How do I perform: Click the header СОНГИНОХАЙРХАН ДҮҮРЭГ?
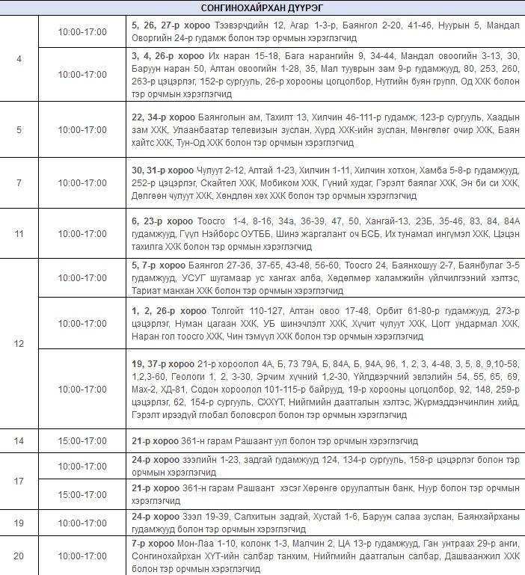coord(262,7)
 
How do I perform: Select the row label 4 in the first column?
coord(19,58)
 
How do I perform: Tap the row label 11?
coord(19,234)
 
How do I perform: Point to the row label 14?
coord(19,441)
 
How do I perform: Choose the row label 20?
coord(19,556)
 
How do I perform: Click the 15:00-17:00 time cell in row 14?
coord(82,441)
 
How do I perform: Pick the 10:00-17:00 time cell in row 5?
coord(82,129)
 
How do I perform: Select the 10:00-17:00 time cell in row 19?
coord(82,523)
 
